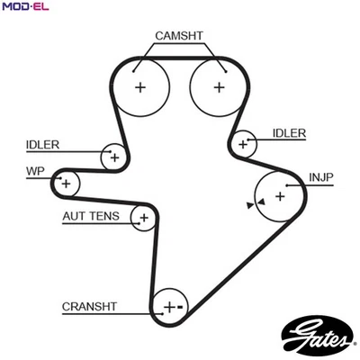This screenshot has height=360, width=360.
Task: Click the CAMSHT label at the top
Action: coord(179,35)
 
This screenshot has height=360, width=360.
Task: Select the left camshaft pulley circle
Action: coord(140,87)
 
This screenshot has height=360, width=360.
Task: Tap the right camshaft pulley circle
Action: coord(219,87)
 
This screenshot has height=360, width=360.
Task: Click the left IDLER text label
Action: coord(43,144)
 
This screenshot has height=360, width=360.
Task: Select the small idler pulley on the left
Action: coord(113,156)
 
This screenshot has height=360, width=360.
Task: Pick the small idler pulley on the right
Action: coord(242,142)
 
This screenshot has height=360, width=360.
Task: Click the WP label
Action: coord(36,170)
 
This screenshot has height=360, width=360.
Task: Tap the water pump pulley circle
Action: coord(65,183)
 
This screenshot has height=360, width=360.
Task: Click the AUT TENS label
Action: coord(90,217)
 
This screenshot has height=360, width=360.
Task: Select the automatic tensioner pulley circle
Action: coord(142,217)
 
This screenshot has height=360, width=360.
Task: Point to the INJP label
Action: coord(321,176)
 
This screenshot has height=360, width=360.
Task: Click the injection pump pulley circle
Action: coord(279,194)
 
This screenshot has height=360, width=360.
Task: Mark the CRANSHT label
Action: coord(90,306)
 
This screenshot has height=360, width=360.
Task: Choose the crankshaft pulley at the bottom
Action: coord(169,307)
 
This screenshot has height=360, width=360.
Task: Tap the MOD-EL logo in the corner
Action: coord(24,7)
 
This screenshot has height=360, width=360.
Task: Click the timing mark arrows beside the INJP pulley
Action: coord(254,204)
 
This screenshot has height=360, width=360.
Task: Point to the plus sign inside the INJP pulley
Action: coord(280,194)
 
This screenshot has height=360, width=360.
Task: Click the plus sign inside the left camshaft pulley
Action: coord(140,87)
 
